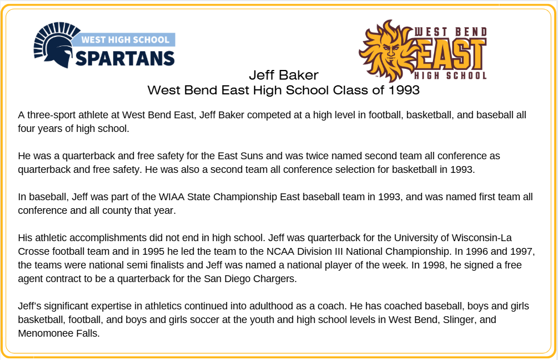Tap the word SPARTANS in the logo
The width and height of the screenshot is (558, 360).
125,59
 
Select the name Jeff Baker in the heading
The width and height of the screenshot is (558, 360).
284,75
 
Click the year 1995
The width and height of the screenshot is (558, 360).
153,252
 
